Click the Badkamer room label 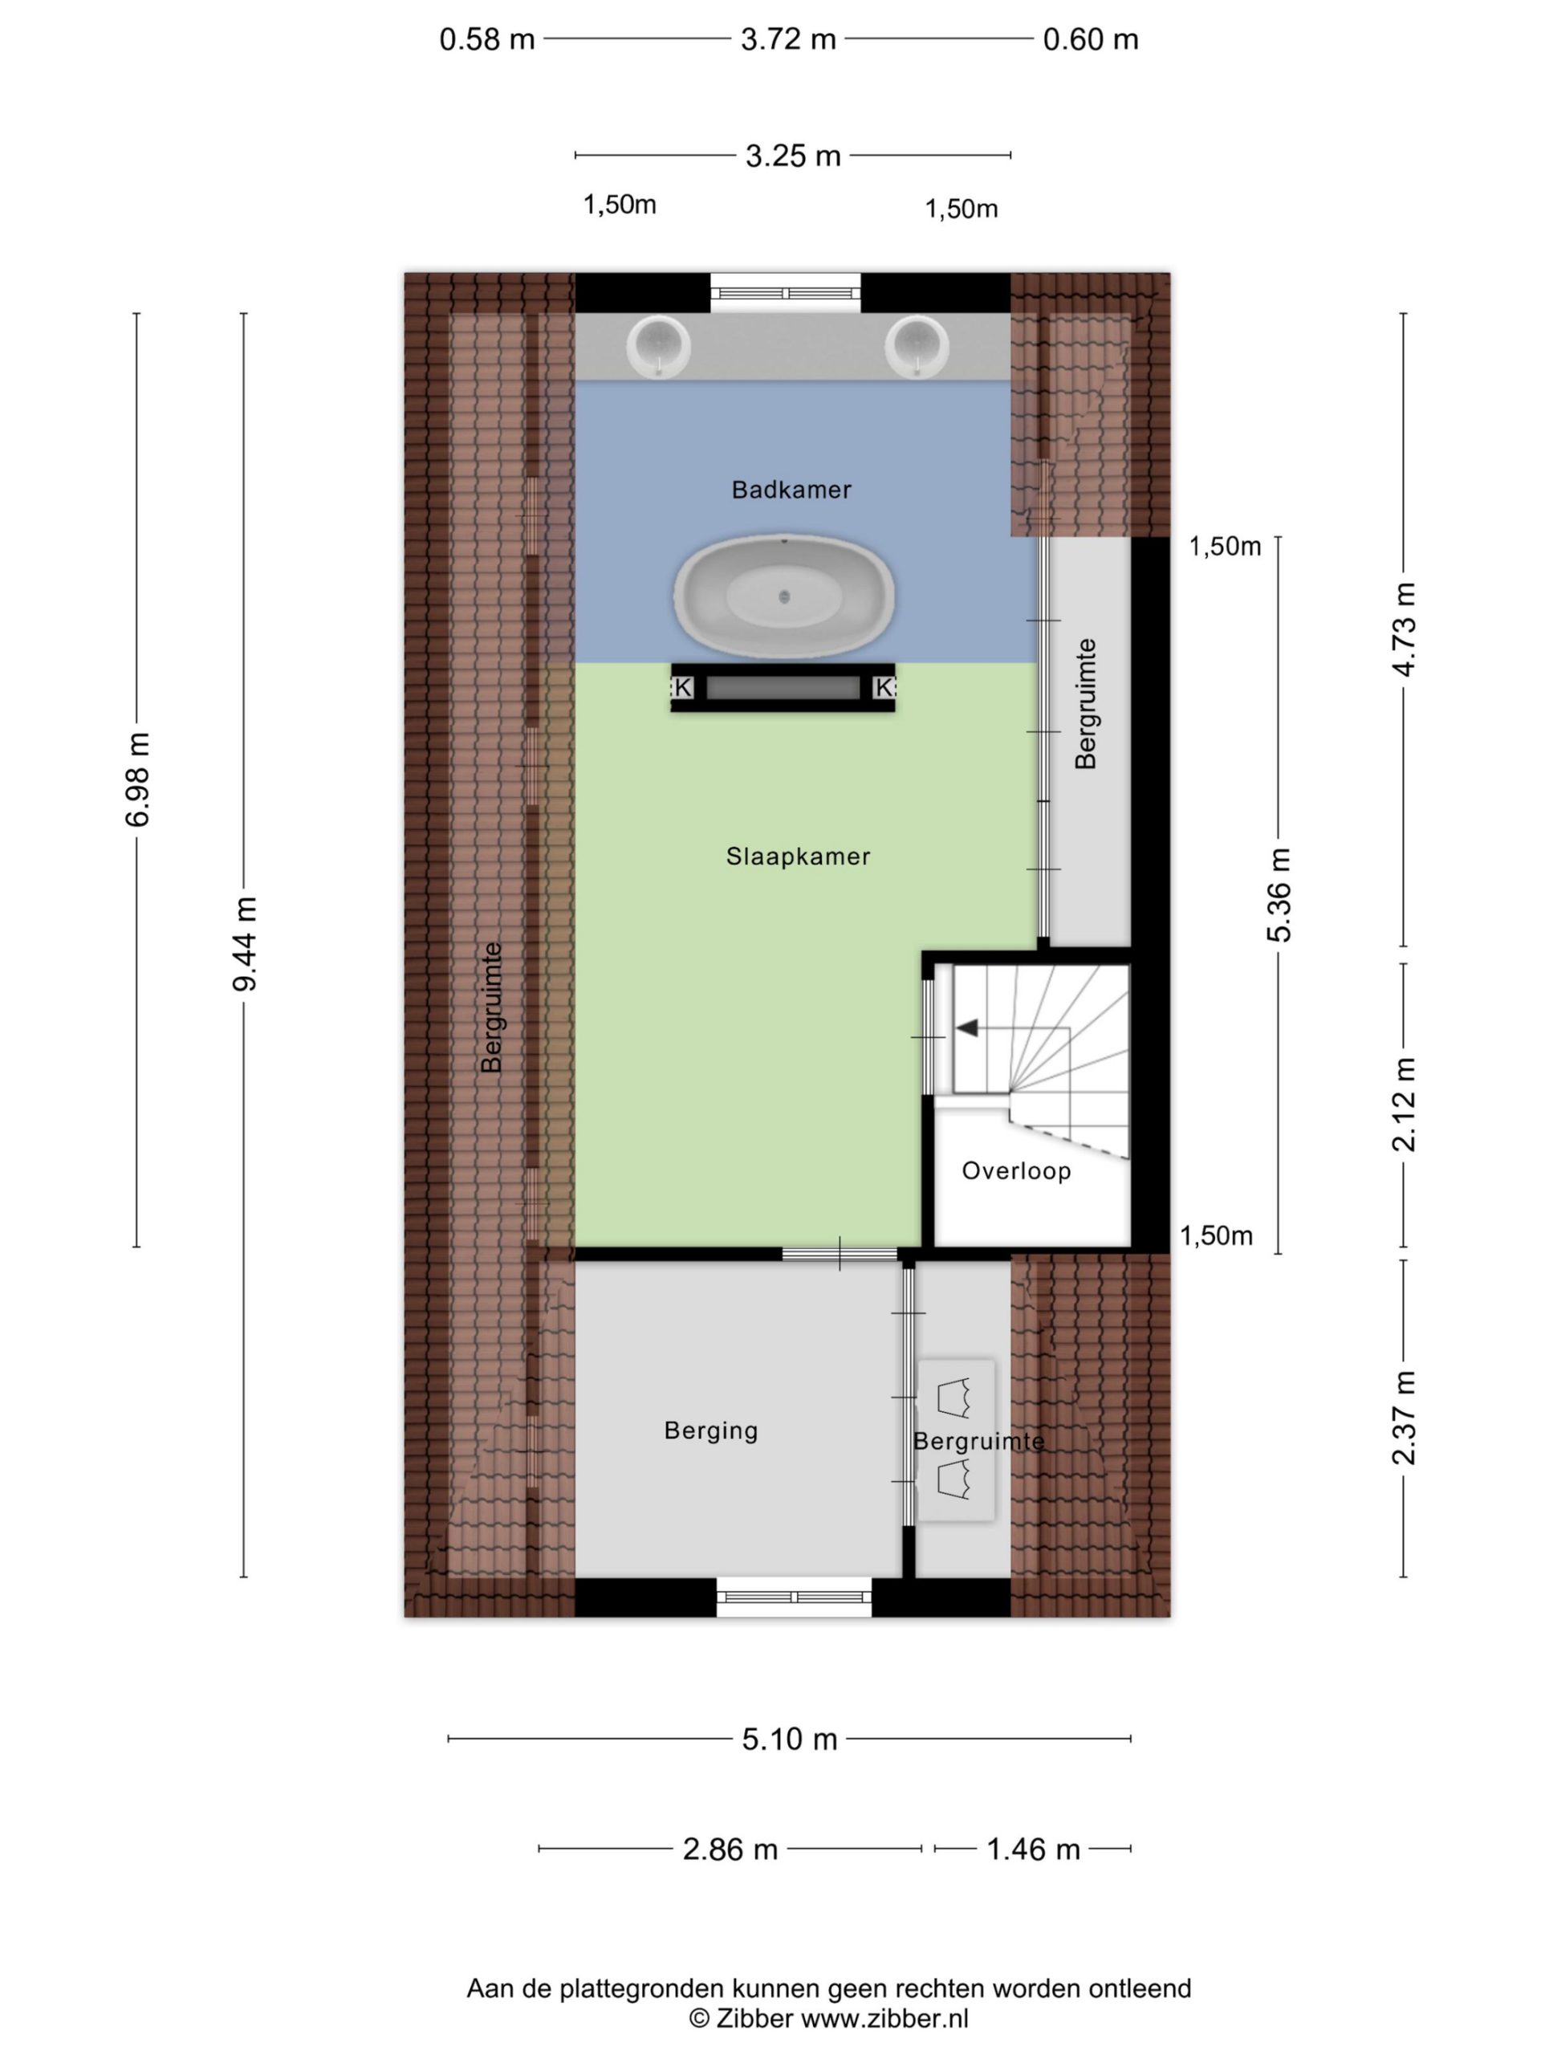(791, 490)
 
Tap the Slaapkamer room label (798, 857)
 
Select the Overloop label (1016, 1170)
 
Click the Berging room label (710, 1430)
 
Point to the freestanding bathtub (784, 596)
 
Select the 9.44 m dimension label (244, 944)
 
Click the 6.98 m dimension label (137, 779)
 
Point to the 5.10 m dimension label (790, 1740)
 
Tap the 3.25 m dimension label (793, 156)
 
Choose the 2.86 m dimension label (730, 1849)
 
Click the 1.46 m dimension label (1033, 1849)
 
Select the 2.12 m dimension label (1404, 1105)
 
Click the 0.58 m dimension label (486, 40)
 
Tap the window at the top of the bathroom (786, 293)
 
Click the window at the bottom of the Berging (793, 1597)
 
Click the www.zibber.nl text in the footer (884, 2018)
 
